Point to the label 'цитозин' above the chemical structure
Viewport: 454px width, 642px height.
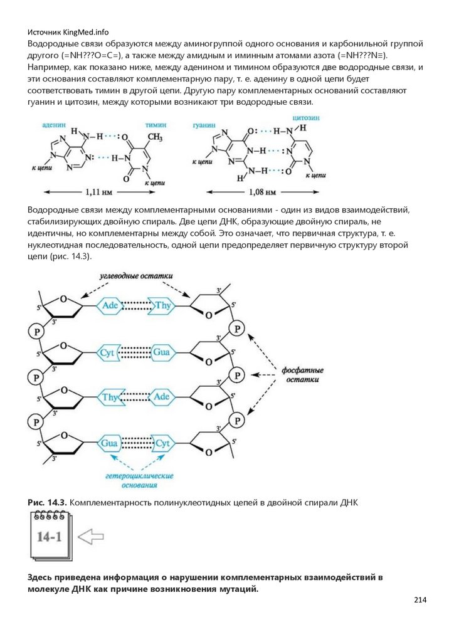(305, 118)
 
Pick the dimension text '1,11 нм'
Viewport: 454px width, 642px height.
(98, 192)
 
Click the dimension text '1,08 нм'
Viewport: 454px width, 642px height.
(263, 192)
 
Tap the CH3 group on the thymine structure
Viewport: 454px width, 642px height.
(156, 137)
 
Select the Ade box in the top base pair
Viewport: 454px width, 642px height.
(110, 305)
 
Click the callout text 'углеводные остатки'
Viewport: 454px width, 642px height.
(135, 275)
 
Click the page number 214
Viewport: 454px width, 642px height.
(420, 600)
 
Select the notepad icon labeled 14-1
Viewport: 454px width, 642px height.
(50, 536)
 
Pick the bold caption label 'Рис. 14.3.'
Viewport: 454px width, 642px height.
(46, 503)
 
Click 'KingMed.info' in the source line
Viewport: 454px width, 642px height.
(83, 32)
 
